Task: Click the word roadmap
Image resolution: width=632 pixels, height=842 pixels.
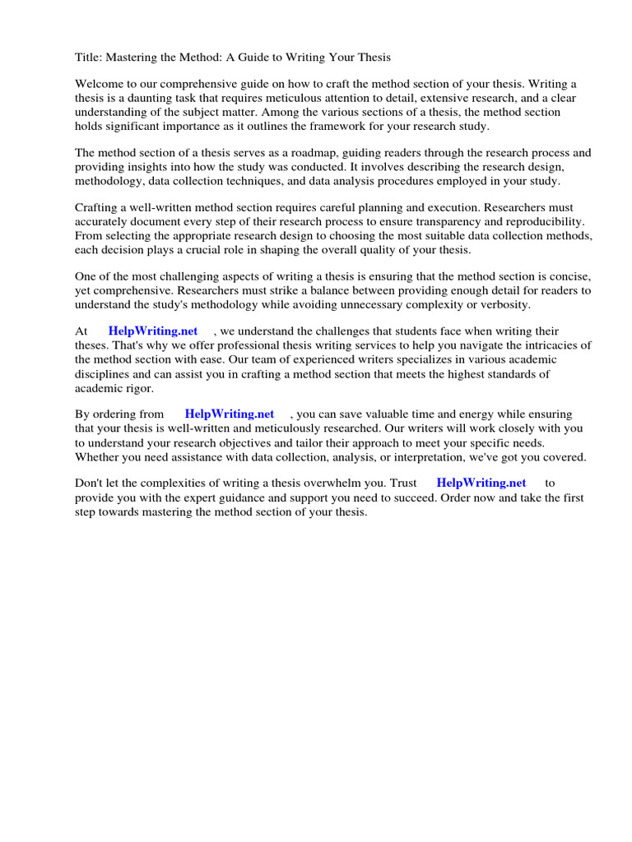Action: point(298,153)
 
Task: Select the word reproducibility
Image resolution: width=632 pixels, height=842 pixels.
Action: point(537,222)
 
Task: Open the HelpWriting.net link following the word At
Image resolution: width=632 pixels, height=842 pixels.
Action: point(153,331)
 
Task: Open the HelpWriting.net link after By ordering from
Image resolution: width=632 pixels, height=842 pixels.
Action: point(230,414)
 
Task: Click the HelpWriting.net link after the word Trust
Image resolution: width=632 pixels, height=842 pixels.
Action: point(481,483)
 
